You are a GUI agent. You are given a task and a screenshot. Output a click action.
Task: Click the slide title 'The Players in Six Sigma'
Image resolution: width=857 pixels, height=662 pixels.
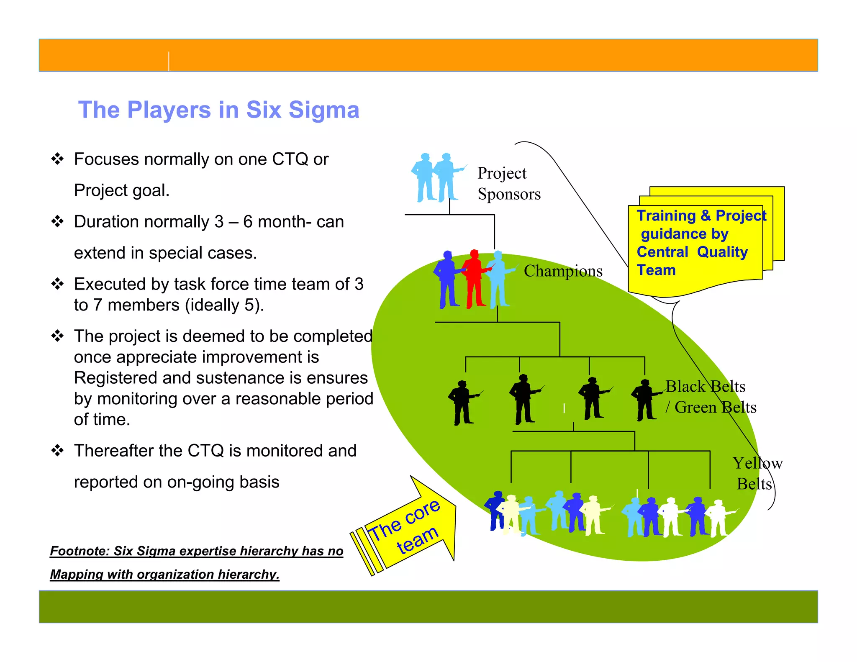218,110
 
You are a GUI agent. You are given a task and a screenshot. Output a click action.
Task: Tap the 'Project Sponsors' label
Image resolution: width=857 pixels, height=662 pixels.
509,184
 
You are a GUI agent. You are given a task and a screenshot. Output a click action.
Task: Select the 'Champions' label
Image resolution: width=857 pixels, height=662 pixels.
563,271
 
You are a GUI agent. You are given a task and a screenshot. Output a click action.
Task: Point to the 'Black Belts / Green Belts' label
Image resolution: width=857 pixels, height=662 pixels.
711,397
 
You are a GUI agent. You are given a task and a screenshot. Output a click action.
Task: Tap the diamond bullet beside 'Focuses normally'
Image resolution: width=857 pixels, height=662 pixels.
57,159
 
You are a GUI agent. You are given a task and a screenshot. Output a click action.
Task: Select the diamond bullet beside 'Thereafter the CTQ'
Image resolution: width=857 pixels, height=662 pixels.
57,451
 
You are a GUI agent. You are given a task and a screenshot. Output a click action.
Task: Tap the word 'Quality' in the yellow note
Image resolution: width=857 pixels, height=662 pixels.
722,252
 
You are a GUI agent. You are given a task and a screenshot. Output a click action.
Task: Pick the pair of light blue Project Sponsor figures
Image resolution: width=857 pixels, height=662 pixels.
438,178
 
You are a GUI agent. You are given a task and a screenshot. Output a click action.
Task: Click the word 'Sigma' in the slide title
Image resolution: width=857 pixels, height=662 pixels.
324,110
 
